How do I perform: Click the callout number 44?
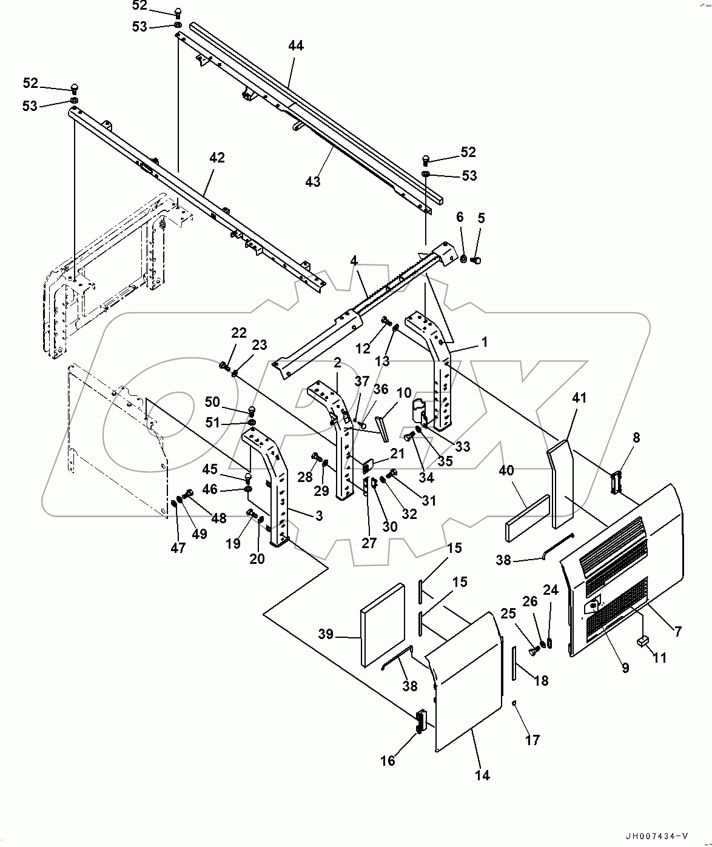(296, 45)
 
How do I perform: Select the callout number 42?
(217, 158)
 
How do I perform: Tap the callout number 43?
(313, 181)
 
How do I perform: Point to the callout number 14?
(482, 775)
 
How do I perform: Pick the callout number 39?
(326, 634)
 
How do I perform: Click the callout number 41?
(579, 398)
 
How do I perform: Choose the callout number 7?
(677, 631)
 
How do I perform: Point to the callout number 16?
(388, 760)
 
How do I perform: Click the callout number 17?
(532, 740)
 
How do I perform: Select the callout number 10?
(404, 393)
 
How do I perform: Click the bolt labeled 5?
(475, 261)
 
